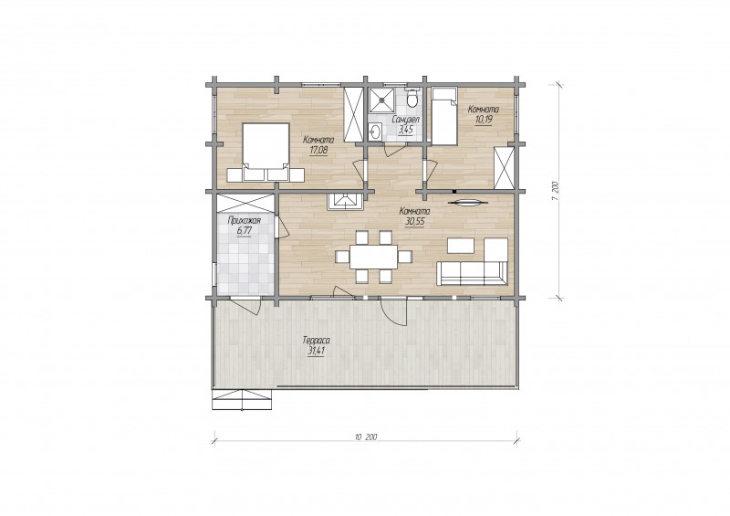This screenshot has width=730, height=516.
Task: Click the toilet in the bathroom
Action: (412, 97)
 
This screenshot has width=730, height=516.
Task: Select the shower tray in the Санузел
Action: (381, 100)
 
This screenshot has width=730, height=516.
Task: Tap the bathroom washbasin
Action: (375, 132)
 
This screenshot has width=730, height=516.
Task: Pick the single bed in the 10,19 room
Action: (444, 116)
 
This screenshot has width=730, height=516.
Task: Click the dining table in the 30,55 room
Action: (374, 257)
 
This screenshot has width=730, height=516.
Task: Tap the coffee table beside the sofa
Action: (461, 246)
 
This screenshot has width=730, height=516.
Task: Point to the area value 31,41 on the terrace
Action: (316, 351)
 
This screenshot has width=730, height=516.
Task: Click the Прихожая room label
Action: (244, 221)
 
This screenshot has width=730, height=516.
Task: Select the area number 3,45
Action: (406, 129)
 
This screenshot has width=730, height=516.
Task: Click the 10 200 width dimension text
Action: (366, 437)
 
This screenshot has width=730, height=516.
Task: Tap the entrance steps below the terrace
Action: (242, 399)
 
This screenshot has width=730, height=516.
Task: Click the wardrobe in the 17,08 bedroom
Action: (353, 114)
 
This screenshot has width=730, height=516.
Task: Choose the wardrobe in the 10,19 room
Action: (505, 168)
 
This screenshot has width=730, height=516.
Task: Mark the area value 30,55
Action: (415, 222)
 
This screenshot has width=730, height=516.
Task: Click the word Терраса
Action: (316, 342)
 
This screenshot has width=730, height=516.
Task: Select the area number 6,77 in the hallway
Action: (244, 231)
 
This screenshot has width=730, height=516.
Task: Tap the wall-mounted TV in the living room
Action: (468, 203)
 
